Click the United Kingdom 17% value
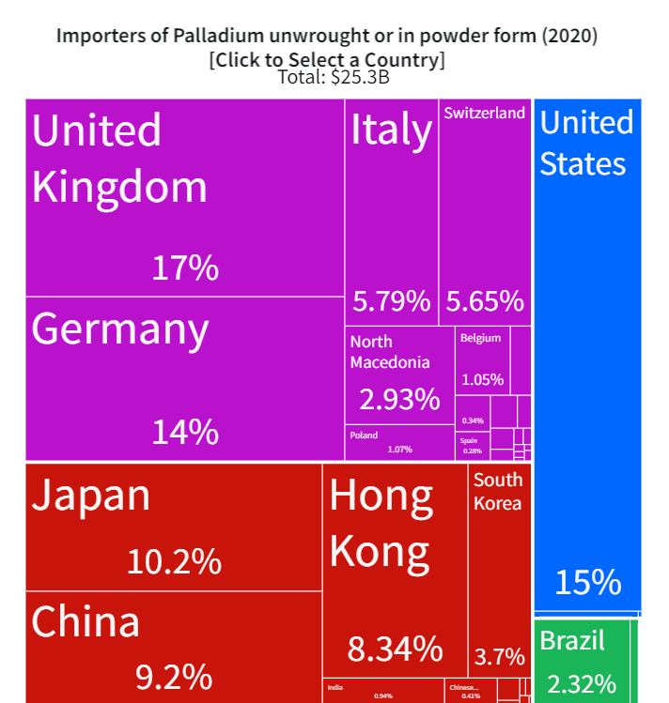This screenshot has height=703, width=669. coord(185,268)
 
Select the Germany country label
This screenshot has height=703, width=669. coord(120,329)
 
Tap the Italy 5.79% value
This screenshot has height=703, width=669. coord(391,301)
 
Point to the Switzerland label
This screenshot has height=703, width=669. coord(484,114)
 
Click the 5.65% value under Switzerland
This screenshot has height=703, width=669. coord(485,301)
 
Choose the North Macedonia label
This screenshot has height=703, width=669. coord(389,352)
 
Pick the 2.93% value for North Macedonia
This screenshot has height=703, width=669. coord(399,399)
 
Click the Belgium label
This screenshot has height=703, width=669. coord(480,338)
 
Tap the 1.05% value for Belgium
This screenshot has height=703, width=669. coord(482,380)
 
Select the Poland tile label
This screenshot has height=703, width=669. coord(364,436)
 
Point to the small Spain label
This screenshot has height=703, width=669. coord(469,440)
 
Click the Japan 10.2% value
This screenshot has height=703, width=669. coord(174,562)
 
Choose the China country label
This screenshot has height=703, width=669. coord(86,621)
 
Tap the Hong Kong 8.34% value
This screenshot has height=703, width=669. coord(395,648)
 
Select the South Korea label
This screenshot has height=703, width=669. coord(497,491)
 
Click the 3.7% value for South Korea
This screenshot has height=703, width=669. coord(499,655)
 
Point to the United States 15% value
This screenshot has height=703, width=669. coord(587,582)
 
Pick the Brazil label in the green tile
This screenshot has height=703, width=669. coord(572,641)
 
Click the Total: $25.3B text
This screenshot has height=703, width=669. coord(334,78)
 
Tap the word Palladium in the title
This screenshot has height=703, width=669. coord(215,37)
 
